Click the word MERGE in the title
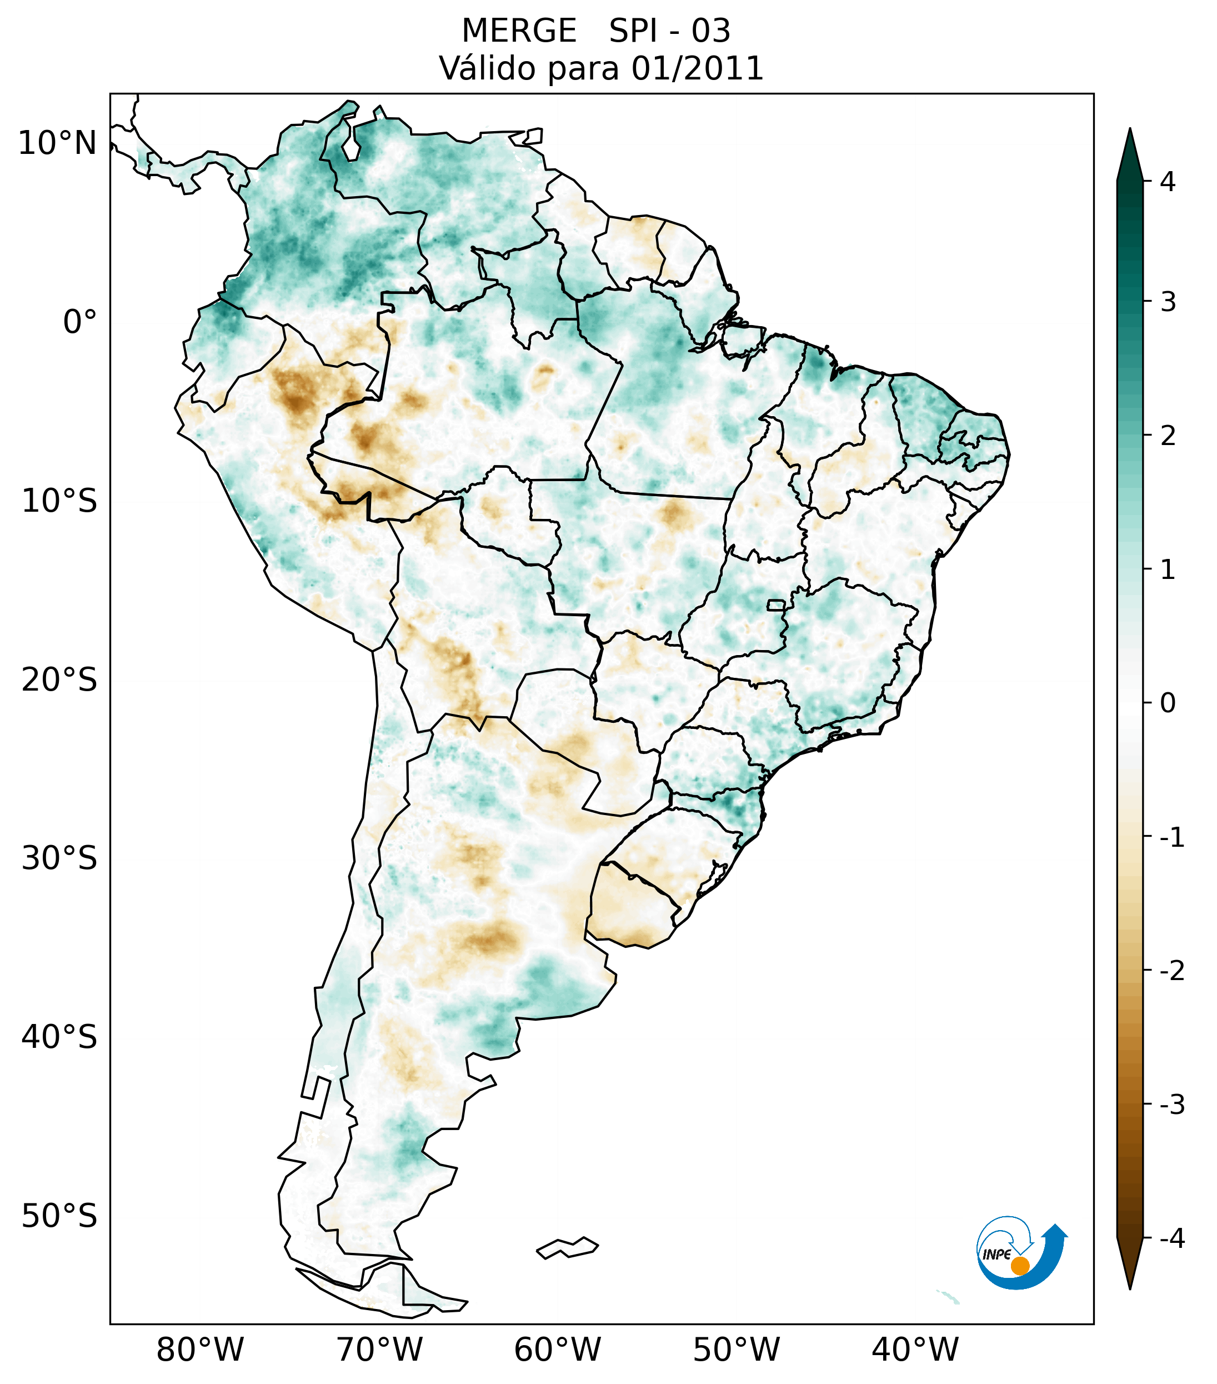518,31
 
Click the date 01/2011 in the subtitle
697,68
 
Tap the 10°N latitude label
58,143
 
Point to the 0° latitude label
80,322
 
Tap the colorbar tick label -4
1171,1238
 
